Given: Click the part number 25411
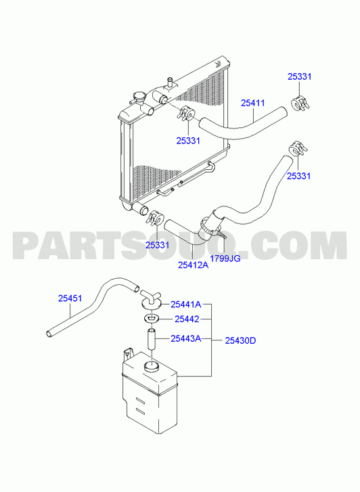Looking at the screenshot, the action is [252, 103].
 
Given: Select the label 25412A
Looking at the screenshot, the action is [193, 265].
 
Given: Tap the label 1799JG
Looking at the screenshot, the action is [225, 259].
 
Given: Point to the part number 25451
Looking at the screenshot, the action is [70, 298].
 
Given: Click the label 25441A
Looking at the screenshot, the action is [185, 305].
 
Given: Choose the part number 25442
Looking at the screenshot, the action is [187, 319].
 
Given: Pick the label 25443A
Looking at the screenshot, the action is [185, 339].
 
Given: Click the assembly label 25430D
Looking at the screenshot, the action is [240, 340].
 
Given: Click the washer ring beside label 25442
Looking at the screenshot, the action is [152, 319].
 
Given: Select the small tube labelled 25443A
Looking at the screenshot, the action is [152, 338].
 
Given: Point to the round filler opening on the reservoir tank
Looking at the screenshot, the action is [151, 366].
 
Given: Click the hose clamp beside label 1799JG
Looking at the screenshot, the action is [208, 227].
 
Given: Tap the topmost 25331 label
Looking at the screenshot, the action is [299, 77].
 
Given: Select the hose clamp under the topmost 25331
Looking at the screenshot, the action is [300, 104].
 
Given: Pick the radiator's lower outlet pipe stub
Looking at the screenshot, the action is [139, 208].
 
